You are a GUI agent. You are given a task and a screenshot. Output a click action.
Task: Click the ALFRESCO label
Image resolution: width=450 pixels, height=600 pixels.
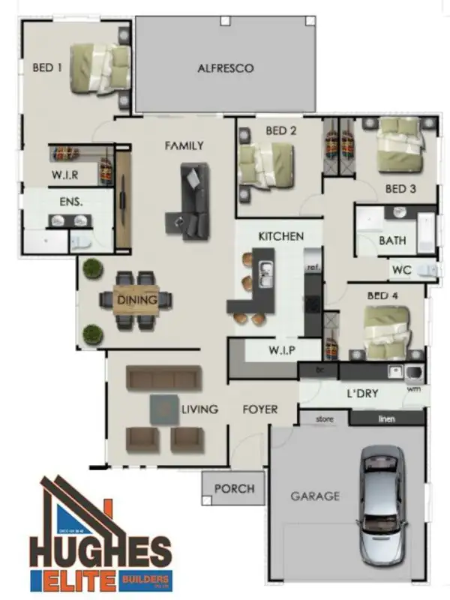coord(225,68)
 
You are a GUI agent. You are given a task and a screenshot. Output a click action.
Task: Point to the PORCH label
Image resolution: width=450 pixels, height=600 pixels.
coord(234,489)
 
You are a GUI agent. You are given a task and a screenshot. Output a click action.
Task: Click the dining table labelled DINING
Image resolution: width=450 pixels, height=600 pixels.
coord(137,301)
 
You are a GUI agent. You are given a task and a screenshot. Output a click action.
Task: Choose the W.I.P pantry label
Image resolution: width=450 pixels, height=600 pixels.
coord(284,350)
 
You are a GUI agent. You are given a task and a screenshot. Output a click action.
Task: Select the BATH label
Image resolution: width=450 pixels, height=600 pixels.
coord(392,241)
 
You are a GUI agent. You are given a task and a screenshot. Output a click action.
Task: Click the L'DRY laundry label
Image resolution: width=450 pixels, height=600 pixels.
coord(361,394)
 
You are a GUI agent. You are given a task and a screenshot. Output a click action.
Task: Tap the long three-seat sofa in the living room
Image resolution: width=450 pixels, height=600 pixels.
coord(163,378)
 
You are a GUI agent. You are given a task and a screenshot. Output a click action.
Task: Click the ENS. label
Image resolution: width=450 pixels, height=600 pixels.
coord(70,201)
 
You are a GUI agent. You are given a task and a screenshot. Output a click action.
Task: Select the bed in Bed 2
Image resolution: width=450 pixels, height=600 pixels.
coord(265,164)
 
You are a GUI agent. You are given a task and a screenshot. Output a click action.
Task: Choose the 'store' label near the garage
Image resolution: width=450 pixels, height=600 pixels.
coord(324,418)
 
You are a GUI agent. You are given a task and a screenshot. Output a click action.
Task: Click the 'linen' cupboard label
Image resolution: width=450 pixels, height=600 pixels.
coord(386,418)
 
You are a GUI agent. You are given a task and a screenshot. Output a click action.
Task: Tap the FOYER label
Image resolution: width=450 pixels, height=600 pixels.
coord(259,409)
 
